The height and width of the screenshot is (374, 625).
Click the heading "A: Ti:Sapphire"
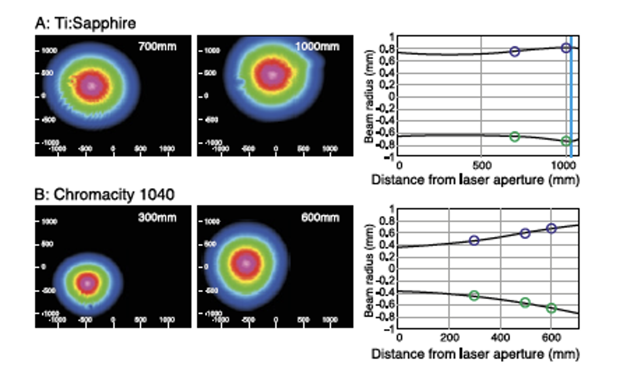point(85,23)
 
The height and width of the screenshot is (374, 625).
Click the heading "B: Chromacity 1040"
point(104,195)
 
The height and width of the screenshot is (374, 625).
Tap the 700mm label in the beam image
point(157,46)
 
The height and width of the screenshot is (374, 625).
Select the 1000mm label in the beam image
point(317,46)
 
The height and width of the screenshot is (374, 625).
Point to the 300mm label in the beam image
point(157,217)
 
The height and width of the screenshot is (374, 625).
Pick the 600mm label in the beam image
point(320,217)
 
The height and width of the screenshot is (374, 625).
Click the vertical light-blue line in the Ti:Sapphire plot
point(571,97)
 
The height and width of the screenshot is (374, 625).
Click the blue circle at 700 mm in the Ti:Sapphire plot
point(514,51)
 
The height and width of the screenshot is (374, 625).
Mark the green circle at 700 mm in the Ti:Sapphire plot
point(514,137)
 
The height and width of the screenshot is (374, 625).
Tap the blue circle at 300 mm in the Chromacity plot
point(474,240)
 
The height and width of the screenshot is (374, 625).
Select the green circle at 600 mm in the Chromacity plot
point(551,308)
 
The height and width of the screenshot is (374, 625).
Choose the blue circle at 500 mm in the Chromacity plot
point(525,233)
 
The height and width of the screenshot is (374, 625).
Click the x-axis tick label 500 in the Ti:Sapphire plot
point(481,165)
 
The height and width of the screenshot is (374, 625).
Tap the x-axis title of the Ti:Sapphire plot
point(475,180)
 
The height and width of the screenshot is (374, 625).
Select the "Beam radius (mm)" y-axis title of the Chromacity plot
point(369,270)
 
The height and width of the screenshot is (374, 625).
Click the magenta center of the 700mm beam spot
point(92,85)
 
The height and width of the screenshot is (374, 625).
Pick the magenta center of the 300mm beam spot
point(87,283)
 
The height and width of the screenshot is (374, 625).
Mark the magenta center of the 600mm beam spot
point(246,263)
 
